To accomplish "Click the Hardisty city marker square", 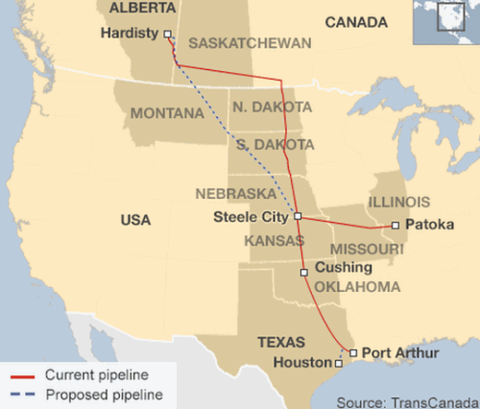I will tap(168, 35).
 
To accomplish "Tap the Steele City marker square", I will tap(298, 216).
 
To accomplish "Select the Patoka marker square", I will tap(396, 226).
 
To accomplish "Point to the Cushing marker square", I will tap(304, 273).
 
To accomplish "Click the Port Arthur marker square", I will tap(353, 353).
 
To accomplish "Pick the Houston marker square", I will tap(337, 365).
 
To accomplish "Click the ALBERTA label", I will tap(143, 8).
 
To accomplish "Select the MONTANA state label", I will tap(167, 113).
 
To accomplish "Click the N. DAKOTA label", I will tap(271, 106).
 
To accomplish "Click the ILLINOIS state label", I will tap(398, 202).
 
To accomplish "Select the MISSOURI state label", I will tap(366, 249).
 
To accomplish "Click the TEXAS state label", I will tap(281, 342).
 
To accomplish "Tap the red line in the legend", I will tap(21, 374).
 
